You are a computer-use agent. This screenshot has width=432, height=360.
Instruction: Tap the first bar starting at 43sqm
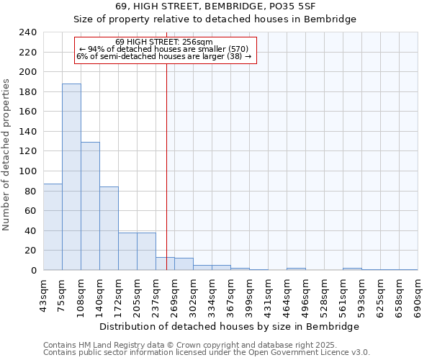coord(53,227)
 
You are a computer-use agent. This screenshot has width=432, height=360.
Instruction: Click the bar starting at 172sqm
coord(127,251)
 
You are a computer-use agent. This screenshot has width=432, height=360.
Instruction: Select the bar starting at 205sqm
coord(146,251)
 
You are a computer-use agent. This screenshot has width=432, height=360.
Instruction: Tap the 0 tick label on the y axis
coord(33,271)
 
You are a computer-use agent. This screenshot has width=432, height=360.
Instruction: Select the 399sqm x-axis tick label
coord(249,295)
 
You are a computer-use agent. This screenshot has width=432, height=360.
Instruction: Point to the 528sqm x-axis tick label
coord(324,295)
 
